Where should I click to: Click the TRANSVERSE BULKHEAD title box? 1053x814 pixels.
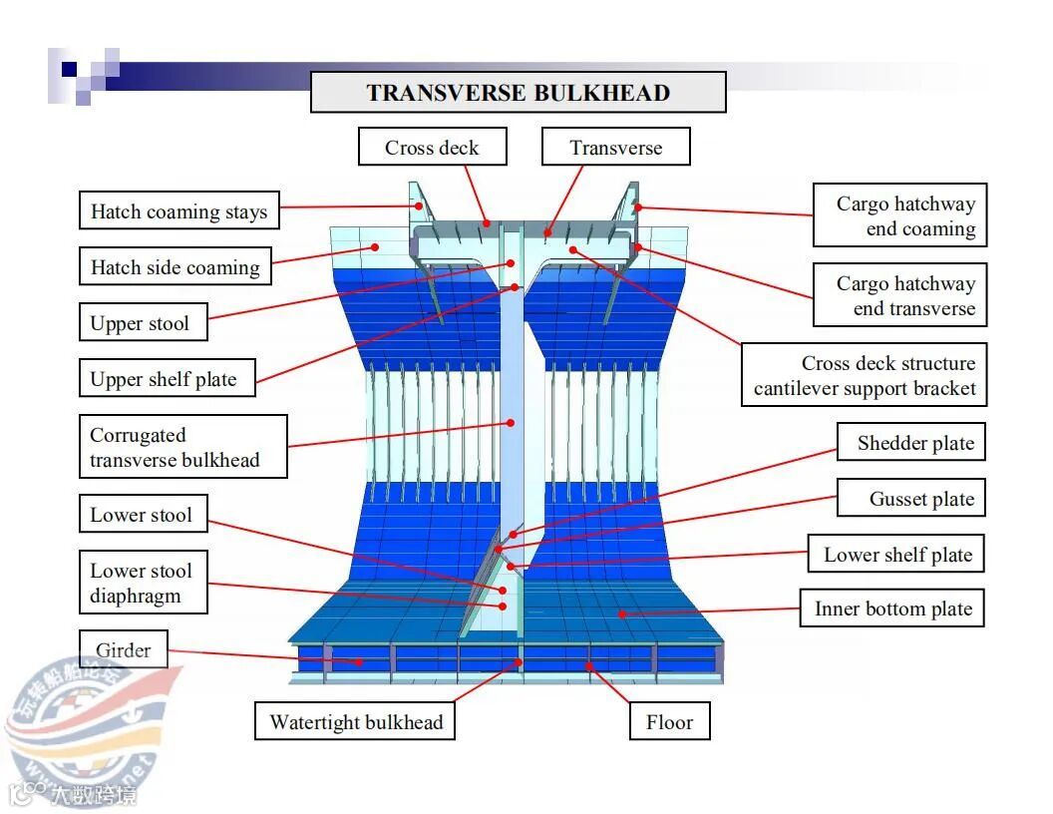tap(518, 93)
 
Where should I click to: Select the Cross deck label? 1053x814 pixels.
tap(432, 148)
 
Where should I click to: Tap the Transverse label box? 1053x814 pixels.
tap(615, 148)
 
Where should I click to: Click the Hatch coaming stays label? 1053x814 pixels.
tap(179, 211)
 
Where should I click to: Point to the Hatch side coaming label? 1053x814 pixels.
tap(175, 267)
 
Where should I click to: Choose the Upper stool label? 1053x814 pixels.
tap(140, 323)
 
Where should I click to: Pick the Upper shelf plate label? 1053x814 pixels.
tap(164, 379)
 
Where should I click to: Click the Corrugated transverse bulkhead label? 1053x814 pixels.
tap(183, 447)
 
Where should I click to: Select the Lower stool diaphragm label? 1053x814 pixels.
tap(142, 584)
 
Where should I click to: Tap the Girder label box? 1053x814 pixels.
tap(124, 650)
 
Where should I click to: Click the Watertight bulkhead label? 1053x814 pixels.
tap(356, 722)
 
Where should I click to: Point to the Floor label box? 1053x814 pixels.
tap(669, 722)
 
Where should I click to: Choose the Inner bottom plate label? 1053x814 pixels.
tap(892, 609)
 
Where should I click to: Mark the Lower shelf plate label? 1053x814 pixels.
tap(897, 555)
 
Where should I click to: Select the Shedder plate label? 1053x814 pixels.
tap(914, 443)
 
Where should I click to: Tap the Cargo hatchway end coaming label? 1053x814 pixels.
tap(900, 215)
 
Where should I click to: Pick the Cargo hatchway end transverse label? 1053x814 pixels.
tap(900, 295)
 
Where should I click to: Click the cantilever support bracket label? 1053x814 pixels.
tap(864, 376)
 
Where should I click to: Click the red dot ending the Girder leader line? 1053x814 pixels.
tap(362, 661)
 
